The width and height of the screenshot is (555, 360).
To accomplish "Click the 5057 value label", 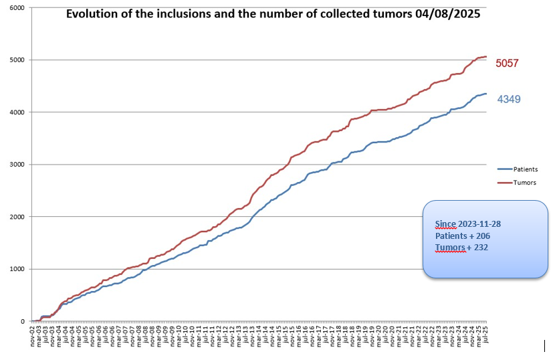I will click(x=507, y=64).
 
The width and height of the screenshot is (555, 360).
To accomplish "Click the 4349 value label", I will click(x=509, y=100).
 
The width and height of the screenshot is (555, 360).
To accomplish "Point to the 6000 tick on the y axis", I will click(x=16, y=8).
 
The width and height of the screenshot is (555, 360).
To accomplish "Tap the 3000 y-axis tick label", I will click(x=16, y=165).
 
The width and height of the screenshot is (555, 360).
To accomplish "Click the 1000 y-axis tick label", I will click(x=16, y=269).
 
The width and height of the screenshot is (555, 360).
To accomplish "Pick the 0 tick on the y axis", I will click(x=23, y=321).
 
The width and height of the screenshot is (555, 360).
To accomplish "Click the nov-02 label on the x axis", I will click(x=33, y=334).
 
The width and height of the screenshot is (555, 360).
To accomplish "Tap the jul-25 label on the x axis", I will click(x=485, y=334).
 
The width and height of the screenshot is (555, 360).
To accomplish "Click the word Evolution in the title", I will click(x=92, y=13).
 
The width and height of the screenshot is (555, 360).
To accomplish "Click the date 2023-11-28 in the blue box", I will click(x=482, y=224).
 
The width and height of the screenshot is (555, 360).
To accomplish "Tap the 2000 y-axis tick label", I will click(x=16, y=217).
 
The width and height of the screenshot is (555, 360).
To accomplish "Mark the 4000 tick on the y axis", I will click(x=16, y=112).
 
